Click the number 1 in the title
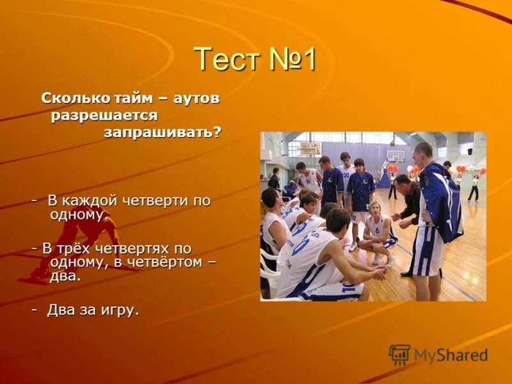coord(308,60)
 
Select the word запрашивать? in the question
coord(163,132)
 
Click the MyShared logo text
coord(451,355)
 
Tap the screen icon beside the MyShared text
coord(399,355)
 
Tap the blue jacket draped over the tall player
coord(442,202)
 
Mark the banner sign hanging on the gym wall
coord(310,148)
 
